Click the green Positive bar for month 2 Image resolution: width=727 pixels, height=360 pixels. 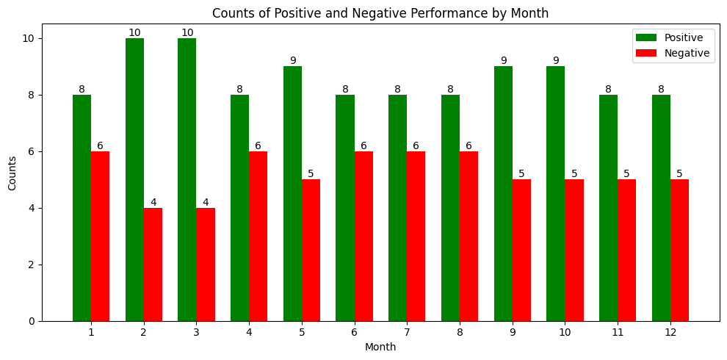(134, 180)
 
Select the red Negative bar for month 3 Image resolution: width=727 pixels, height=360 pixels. (206, 264)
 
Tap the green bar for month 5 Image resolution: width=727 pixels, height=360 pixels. (292, 194)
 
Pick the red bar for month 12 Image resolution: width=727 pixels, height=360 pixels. (679, 251)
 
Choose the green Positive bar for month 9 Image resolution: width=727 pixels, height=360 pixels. (503, 194)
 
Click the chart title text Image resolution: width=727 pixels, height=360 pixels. (380, 13)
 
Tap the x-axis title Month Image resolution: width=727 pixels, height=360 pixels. (380, 347)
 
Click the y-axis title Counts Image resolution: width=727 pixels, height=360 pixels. (12, 173)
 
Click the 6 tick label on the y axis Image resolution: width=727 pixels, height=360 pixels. (34, 151)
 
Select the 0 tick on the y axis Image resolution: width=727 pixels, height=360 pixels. (34, 321)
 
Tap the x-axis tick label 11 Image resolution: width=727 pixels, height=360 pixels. (618, 333)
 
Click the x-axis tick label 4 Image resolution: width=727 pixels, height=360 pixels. (249, 333)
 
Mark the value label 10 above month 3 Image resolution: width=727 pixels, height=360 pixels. (187, 33)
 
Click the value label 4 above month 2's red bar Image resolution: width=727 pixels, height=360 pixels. (153, 203)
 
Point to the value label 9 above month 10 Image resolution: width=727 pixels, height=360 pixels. (556, 61)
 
